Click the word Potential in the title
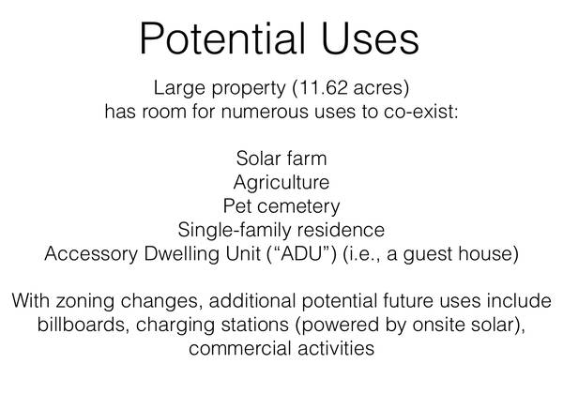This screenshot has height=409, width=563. pyautogui.click(x=222, y=38)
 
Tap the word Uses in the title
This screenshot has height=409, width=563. pyautogui.click(x=371, y=38)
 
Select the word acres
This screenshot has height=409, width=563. pyautogui.click(x=378, y=88)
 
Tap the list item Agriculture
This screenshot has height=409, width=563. pyautogui.click(x=281, y=182)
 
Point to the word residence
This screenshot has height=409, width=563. pyautogui.click(x=341, y=230)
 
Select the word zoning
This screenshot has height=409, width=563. pyautogui.click(x=84, y=301)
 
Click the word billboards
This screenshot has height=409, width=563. pyautogui.click(x=82, y=325)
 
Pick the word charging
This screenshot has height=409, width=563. pyautogui.click(x=175, y=326)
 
